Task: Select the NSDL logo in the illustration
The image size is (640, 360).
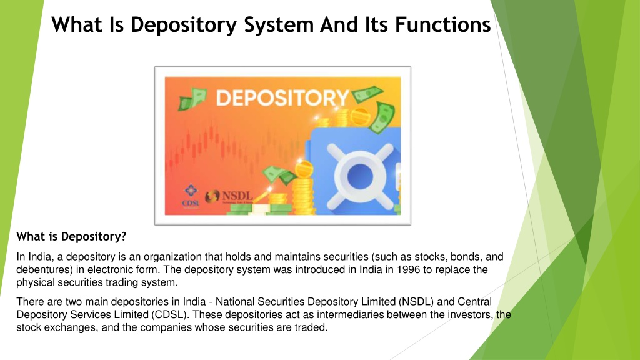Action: click(x=228, y=196)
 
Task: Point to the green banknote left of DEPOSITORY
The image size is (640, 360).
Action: click(x=193, y=99)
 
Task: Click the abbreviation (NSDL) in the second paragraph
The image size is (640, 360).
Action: click(x=407, y=302)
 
